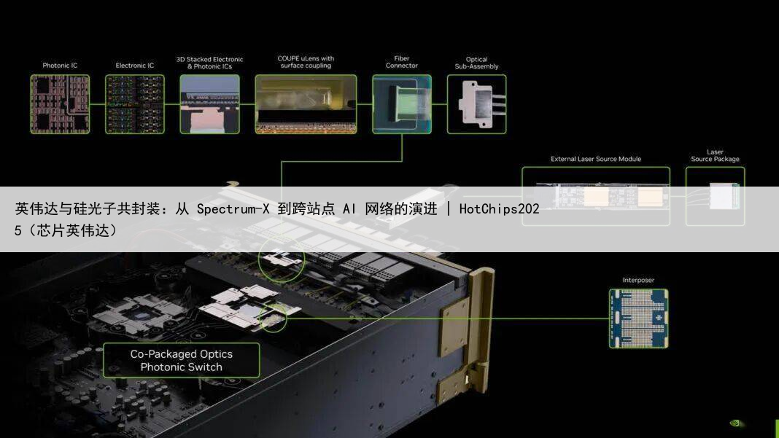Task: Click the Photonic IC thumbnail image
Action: click(60, 103)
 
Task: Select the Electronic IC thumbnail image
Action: click(135, 103)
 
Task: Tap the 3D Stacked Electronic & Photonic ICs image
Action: click(209, 103)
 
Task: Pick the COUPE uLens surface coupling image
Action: click(306, 103)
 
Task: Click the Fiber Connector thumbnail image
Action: click(402, 103)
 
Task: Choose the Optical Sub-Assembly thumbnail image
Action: click(476, 103)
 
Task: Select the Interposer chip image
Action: click(638, 318)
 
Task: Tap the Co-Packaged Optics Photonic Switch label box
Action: click(181, 361)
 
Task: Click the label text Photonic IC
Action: click(60, 66)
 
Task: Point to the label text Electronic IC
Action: click(135, 66)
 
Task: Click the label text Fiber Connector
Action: click(402, 62)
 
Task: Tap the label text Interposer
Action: click(638, 280)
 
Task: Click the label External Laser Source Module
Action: click(595, 159)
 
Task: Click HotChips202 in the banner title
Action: click(499, 209)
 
